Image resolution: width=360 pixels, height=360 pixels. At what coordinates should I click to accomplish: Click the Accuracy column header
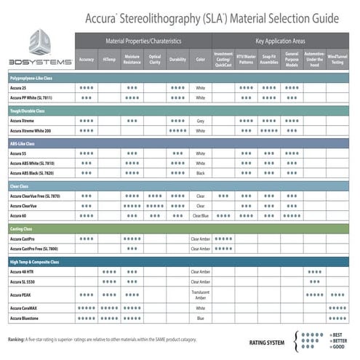tap(87, 59)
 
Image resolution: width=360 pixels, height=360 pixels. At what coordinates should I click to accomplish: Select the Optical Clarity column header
tap(155, 59)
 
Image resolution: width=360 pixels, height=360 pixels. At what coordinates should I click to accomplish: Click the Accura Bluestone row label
tap(28, 318)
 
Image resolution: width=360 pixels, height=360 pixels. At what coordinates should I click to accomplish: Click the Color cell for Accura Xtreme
tap(201, 121)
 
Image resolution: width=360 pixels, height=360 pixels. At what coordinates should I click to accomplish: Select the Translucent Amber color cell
tap(201, 295)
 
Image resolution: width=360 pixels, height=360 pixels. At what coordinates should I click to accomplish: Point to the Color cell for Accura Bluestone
tap(201, 318)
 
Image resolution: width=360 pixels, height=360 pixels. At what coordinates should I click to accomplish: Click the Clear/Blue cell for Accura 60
tap(201, 216)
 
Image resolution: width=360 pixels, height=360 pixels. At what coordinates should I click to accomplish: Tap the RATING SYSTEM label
tap(267, 340)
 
